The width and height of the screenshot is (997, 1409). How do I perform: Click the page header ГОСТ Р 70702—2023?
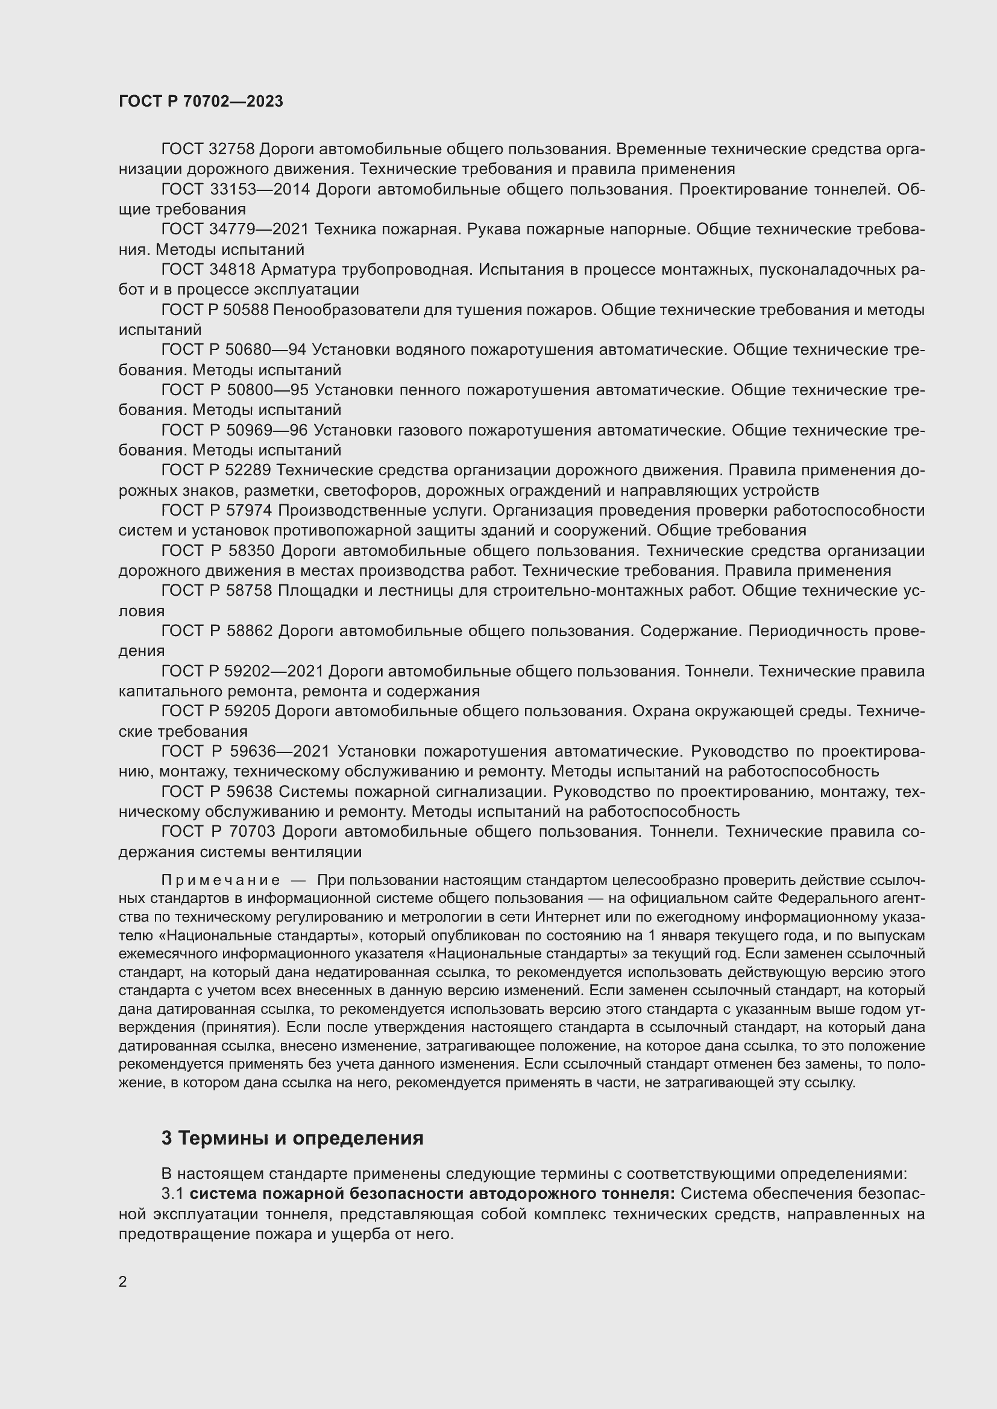pyautogui.click(x=201, y=101)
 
